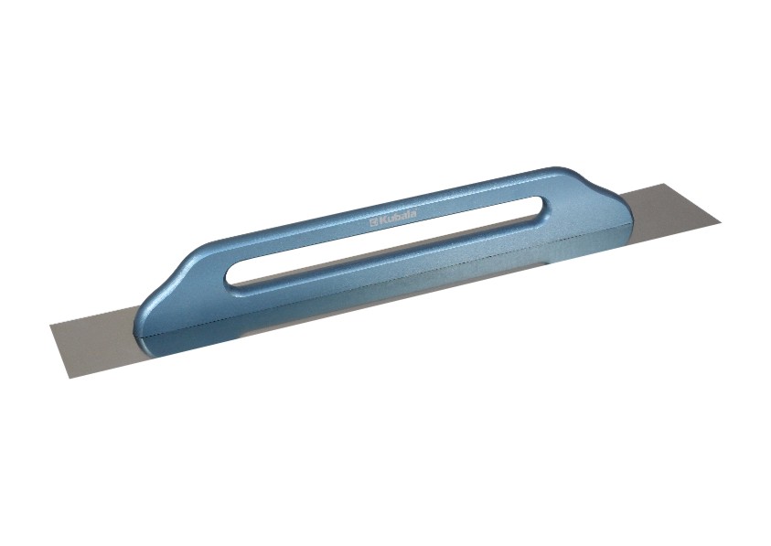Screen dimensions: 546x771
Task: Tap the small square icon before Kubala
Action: tap(372, 223)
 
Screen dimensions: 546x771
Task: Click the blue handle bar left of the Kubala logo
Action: tap(302, 237)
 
